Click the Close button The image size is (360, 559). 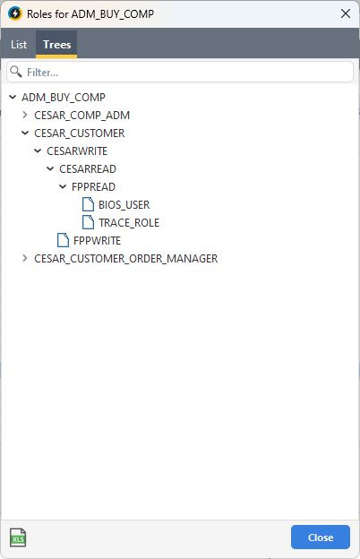click(x=320, y=537)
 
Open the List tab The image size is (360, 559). click(x=19, y=45)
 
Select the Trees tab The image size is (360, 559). click(x=56, y=45)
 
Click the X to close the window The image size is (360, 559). click(x=346, y=14)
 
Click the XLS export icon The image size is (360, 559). click(x=18, y=537)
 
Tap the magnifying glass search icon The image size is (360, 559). click(x=16, y=72)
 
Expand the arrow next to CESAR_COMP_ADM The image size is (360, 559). click(x=24, y=115)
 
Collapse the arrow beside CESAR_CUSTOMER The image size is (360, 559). click(x=25, y=133)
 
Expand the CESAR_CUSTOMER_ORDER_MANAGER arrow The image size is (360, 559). click(x=24, y=258)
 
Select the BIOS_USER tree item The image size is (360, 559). click(x=124, y=204)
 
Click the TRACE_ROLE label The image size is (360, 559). click(x=129, y=223)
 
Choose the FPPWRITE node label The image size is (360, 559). click(x=97, y=241)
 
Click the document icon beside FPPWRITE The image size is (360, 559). click(x=63, y=240)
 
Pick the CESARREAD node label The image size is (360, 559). click(x=88, y=169)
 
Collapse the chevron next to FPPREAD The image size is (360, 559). click(x=63, y=186)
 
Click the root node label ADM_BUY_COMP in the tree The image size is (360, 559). click(x=64, y=97)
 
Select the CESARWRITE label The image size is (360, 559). click(x=77, y=151)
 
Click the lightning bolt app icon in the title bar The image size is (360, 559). click(x=15, y=14)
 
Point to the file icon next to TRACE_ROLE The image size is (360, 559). click(x=88, y=222)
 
